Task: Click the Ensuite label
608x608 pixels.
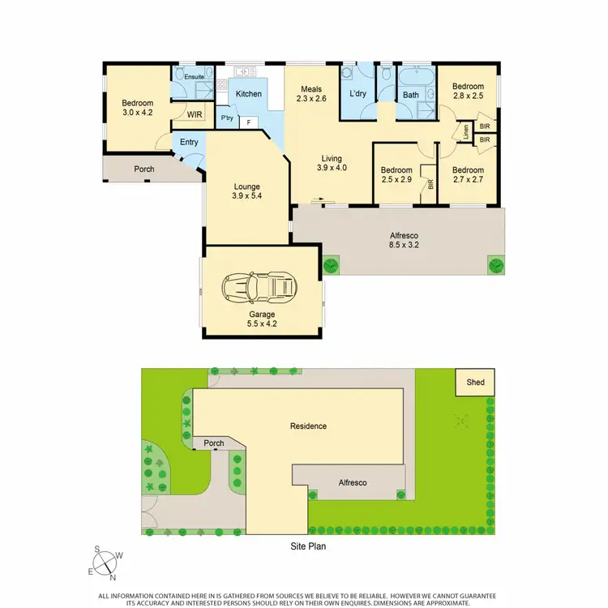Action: click(x=194, y=77)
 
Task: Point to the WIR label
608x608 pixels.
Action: click(x=195, y=115)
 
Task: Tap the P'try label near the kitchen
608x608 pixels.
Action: click(x=228, y=118)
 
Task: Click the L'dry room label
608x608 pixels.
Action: click(x=358, y=95)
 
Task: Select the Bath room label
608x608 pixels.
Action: click(x=411, y=95)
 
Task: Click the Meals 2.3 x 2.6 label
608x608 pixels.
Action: click(x=312, y=94)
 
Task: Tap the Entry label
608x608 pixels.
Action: click(x=189, y=143)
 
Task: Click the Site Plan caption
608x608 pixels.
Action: click(x=308, y=546)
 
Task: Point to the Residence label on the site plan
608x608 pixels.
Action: click(x=308, y=426)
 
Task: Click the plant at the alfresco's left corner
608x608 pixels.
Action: click(x=331, y=265)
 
